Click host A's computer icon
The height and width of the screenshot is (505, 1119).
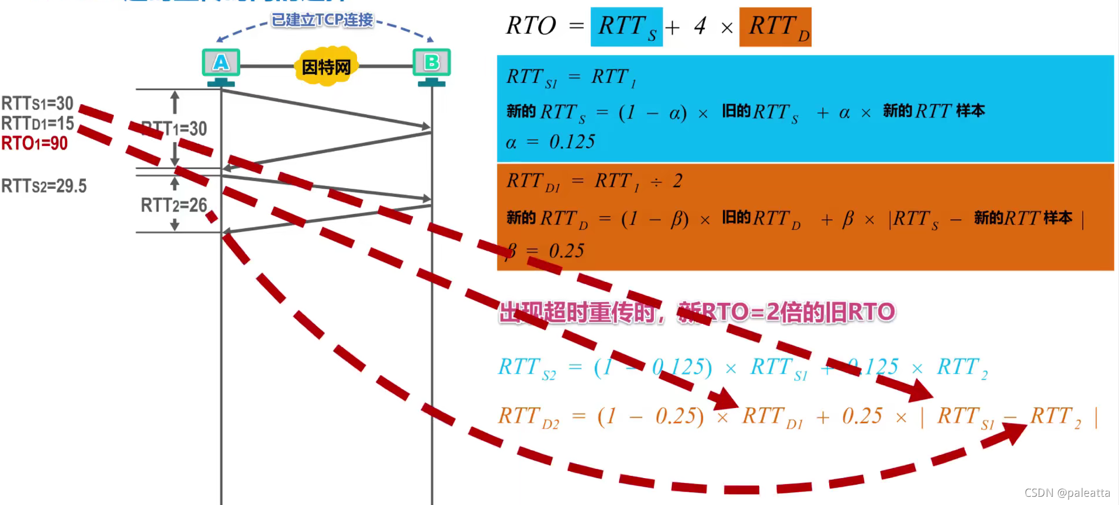pyautogui.click(x=221, y=63)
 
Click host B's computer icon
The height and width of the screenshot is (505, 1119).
pyautogui.click(x=431, y=63)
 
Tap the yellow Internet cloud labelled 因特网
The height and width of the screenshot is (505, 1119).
pyautogui.click(x=326, y=67)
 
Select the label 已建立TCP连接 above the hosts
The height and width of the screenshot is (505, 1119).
pyautogui.click(x=323, y=20)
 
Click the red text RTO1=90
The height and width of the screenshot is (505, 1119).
pyautogui.click(x=34, y=143)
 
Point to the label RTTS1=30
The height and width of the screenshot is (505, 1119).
pyautogui.click(x=37, y=103)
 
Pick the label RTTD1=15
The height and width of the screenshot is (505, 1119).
pyautogui.click(x=37, y=123)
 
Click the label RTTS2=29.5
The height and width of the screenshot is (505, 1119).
pyautogui.click(x=44, y=186)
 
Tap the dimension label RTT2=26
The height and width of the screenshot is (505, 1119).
pyautogui.click(x=174, y=205)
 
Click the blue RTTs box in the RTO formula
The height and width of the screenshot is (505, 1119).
pyautogui.click(x=626, y=27)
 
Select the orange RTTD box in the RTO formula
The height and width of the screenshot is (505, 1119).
pyautogui.click(x=775, y=27)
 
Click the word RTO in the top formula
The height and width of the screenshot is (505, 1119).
pyautogui.click(x=531, y=26)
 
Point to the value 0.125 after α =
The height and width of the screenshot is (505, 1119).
pyautogui.click(x=572, y=142)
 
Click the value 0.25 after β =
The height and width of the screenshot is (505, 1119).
pyautogui.click(x=566, y=251)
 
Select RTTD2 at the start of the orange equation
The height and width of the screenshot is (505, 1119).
pyautogui.click(x=528, y=417)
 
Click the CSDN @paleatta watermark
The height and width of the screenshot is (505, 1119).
pyautogui.click(x=1067, y=493)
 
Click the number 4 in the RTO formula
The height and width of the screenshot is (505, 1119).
pyautogui.click(x=700, y=26)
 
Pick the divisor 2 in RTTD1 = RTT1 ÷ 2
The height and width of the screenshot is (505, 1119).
pyautogui.click(x=677, y=181)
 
